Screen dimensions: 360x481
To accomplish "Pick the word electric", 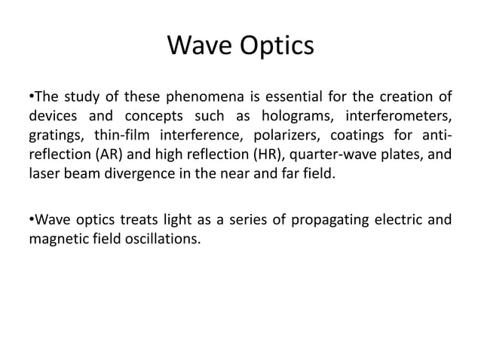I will click(x=396, y=221).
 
